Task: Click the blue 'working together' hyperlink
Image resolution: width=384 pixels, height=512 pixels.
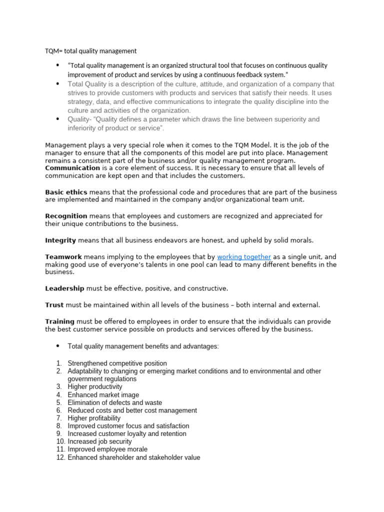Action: tap(243, 257)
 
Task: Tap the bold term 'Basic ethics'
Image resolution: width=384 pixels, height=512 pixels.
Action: tap(66, 192)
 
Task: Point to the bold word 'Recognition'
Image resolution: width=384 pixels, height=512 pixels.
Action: tap(66, 216)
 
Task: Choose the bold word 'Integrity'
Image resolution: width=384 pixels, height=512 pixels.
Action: tap(60, 240)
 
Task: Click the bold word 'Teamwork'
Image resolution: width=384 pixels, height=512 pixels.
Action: tap(63, 257)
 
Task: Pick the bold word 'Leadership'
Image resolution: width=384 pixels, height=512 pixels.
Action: tap(65, 288)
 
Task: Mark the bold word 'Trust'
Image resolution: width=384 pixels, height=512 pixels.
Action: tap(54, 305)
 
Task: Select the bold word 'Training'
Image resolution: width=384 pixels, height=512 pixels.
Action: tap(59, 321)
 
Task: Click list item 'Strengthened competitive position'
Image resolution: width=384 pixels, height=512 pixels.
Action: tap(117, 363)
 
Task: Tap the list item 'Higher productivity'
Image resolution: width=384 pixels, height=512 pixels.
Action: tap(94, 387)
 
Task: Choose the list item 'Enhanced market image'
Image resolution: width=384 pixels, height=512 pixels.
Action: tap(103, 395)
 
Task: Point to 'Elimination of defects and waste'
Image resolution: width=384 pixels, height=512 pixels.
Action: tap(114, 402)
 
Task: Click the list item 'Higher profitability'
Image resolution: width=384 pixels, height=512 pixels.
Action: tap(94, 418)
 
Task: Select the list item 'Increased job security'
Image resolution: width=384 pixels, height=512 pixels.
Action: tap(99, 441)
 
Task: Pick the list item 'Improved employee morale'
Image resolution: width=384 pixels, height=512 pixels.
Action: tap(107, 449)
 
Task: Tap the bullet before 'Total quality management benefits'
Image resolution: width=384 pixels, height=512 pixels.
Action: tap(57, 346)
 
